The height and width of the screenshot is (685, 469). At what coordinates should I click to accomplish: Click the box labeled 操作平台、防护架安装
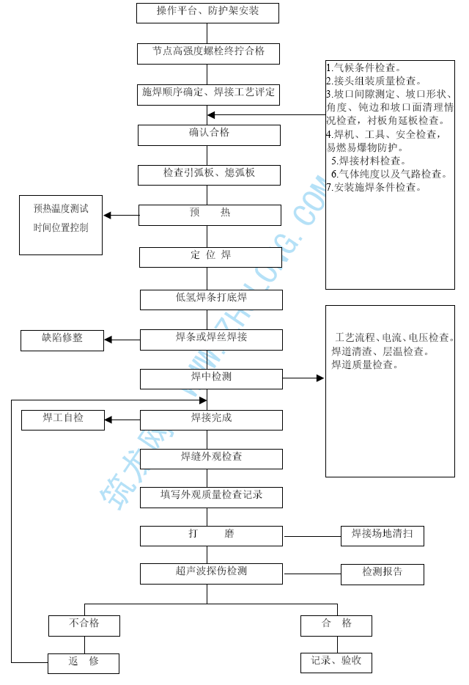coord(208,12)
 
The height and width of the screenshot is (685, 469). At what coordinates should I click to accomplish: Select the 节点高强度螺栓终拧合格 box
coord(208,53)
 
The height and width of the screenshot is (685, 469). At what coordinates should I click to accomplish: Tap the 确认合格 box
coord(209,134)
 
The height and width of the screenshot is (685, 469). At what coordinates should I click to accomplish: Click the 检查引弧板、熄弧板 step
coord(209,175)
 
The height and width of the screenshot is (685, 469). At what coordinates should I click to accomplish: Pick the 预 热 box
coord(210,214)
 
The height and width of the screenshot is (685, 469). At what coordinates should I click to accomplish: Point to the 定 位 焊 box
coord(210,257)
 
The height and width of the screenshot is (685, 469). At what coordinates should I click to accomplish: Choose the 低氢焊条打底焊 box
coord(211,298)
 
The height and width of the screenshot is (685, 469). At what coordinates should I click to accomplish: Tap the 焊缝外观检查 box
coord(211,458)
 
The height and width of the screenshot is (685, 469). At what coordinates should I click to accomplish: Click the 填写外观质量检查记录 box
coord(211,497)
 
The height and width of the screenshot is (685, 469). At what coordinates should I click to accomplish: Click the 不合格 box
coord(84,625)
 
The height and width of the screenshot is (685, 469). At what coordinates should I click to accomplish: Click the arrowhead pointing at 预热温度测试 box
coord(108,216)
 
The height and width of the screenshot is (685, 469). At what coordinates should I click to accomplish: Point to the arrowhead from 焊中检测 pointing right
coord(320,378)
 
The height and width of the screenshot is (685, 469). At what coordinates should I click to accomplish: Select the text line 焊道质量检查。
coord(364,365)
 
